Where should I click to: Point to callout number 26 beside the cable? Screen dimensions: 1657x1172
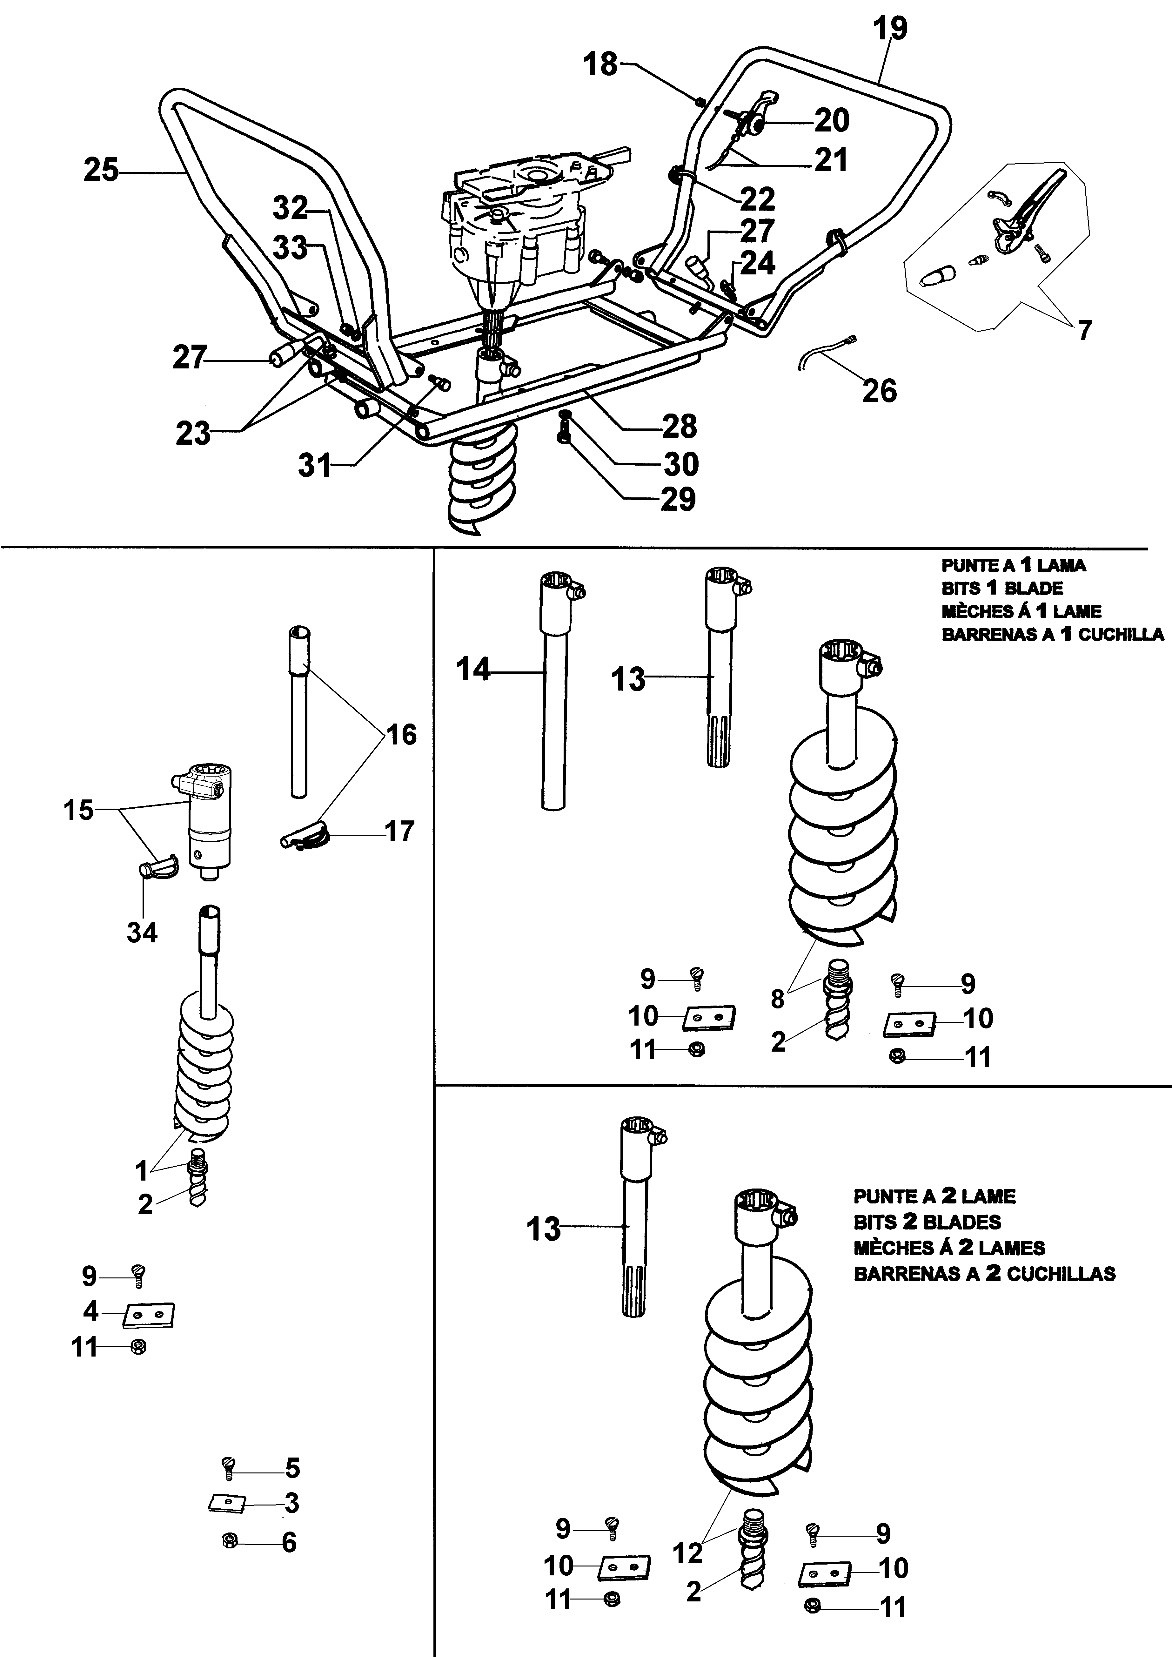tap(879, 390)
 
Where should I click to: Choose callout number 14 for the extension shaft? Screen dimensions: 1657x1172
tap(473, 670)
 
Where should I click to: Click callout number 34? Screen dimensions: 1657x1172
tap(142, 933)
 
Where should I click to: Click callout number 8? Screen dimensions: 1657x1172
tap(777, 999)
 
